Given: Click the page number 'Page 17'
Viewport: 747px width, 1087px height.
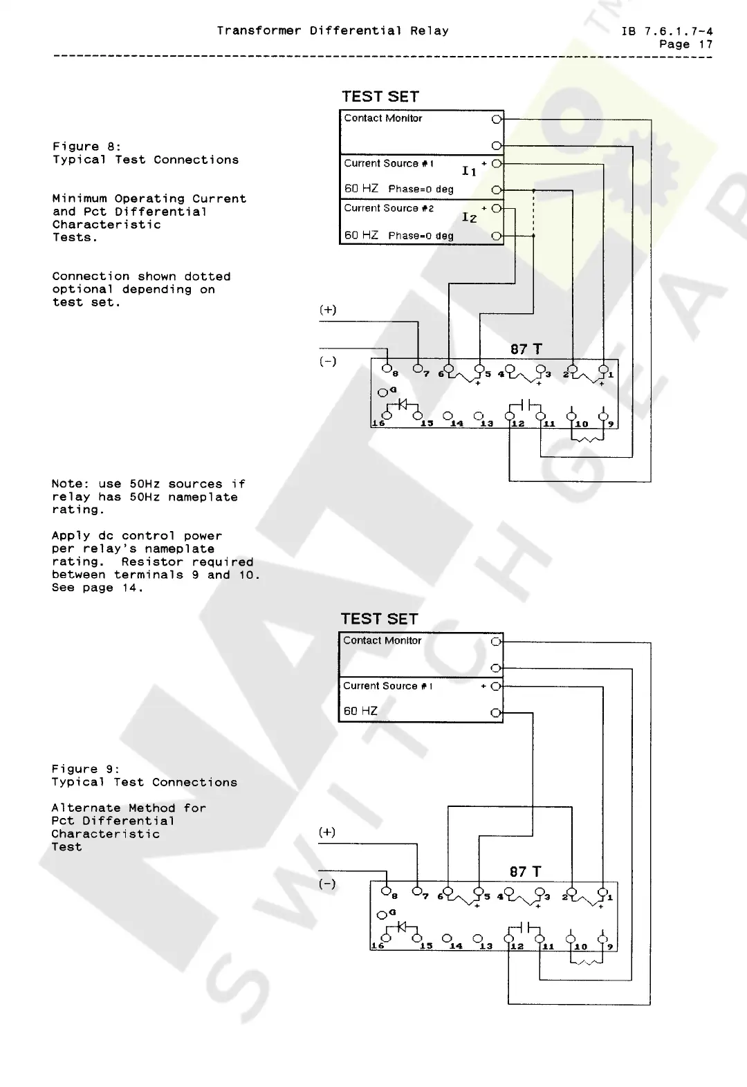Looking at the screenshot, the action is pos(685,44).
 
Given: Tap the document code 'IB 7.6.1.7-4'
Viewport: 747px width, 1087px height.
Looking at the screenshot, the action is pos(667,31).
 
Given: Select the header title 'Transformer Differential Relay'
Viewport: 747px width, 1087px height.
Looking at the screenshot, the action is pos(333,31).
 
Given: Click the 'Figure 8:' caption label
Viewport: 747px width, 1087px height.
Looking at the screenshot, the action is pos(86,147).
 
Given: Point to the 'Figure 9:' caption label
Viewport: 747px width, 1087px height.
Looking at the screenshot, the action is pos(85,769).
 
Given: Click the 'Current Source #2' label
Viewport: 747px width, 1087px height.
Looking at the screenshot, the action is pos(389,208).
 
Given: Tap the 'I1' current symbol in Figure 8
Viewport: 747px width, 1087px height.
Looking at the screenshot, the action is pos(469,171).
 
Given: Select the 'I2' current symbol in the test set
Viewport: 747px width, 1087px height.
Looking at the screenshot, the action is pos(469,218).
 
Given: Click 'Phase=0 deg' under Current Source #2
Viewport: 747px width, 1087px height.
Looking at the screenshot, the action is pos(421,236).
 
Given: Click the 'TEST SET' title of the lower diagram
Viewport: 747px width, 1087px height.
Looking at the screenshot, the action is pos(379,619).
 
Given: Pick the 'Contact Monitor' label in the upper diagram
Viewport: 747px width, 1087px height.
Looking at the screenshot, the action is pos(383,118).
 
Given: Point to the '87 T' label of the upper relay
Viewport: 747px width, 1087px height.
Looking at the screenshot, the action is pos(526,350).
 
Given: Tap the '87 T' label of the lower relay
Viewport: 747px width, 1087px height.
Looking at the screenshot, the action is pos(525,872).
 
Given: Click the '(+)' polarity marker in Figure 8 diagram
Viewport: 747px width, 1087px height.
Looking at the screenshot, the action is pos(328,310).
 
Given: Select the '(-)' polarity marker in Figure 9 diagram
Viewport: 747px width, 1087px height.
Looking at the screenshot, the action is pos(327,884).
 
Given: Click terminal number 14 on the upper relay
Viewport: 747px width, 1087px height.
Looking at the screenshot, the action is pos(456,423).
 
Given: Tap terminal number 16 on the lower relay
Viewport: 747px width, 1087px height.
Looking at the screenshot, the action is pos(378,946).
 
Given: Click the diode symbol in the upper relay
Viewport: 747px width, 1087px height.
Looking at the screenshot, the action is pos(402,404).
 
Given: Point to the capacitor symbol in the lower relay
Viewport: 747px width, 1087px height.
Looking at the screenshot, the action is pos(525,926).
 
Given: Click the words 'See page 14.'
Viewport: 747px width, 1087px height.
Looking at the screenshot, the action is pos(97,588).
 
